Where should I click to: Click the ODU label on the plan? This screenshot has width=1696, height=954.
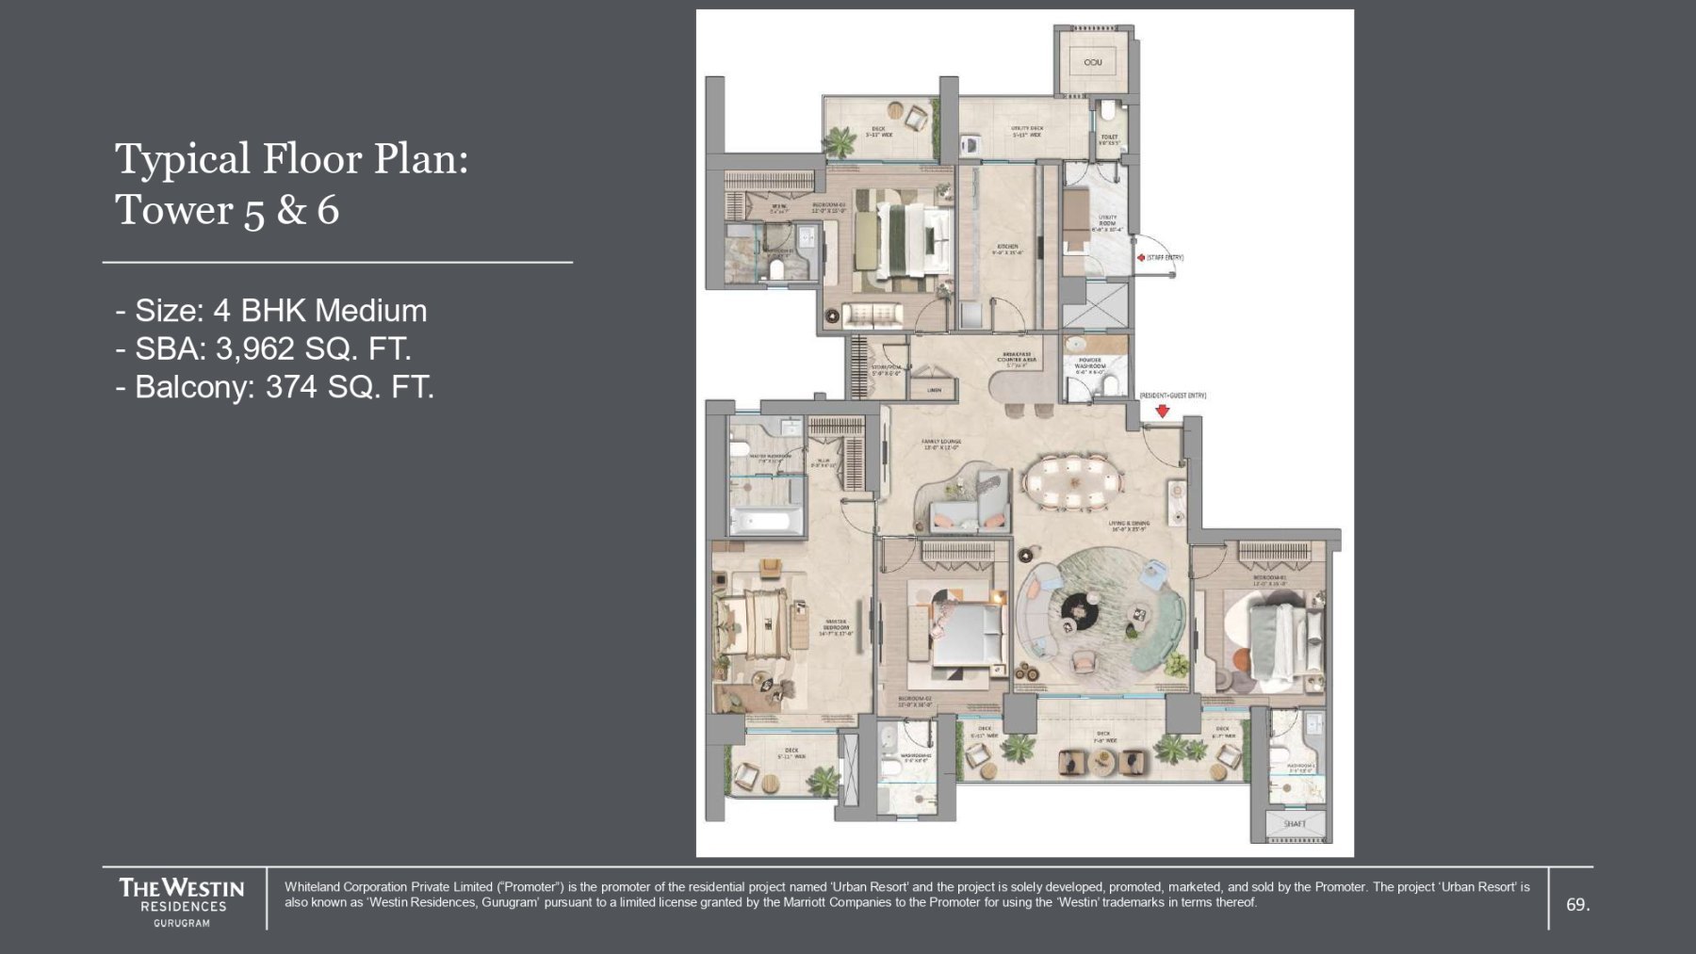(x=1092, y=62)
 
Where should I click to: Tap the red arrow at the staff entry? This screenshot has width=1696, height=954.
(x=1140, y=257)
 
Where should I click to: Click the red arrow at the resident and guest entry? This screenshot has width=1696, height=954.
(x=1163, y=411)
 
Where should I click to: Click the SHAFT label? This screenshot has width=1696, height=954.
(x=1295, y=824)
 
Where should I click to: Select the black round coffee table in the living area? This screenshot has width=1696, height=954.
(x=1075, y=609)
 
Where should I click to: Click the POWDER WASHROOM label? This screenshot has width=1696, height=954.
(x=1089, y=363)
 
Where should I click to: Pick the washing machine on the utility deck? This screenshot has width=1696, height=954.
(x=970, y=146)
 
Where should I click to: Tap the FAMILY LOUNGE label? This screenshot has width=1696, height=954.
(x=940, y=444)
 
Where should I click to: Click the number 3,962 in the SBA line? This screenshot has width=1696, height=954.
(x=254, y=349)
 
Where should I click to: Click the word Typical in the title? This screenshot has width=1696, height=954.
(x=183, y=158)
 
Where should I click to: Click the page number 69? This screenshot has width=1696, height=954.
(x=1576, y=904)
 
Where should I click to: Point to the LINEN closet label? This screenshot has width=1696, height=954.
(x=934, y=390)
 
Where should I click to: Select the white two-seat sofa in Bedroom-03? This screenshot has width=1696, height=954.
(x=872, y=314)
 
